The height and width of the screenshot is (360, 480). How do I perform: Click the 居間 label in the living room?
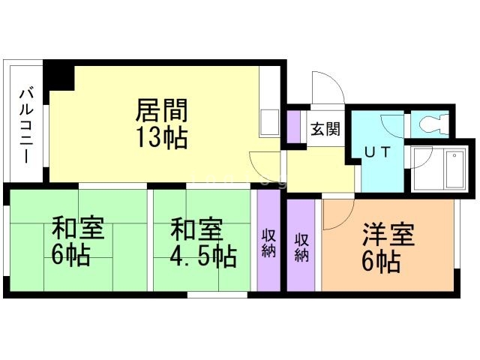[161, 110]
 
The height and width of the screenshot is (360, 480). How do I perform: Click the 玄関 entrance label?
[325, 128]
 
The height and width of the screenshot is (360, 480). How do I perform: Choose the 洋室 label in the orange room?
[388, 234]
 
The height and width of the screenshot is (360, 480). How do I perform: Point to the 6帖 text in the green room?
[71, 256]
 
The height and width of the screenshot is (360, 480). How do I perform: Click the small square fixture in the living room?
[268, 122]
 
